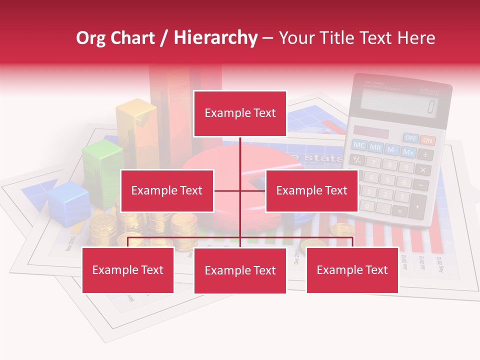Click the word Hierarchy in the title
215,38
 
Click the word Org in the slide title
90,38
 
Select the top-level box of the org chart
240,113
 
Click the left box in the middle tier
167,190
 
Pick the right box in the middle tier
311,190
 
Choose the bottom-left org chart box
128,270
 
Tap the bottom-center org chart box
240,270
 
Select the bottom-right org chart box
352,270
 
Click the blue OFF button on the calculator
411,137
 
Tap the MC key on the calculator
359,145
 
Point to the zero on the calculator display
430,106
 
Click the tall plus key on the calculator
417,205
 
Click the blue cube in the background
68,202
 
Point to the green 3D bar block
102,172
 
